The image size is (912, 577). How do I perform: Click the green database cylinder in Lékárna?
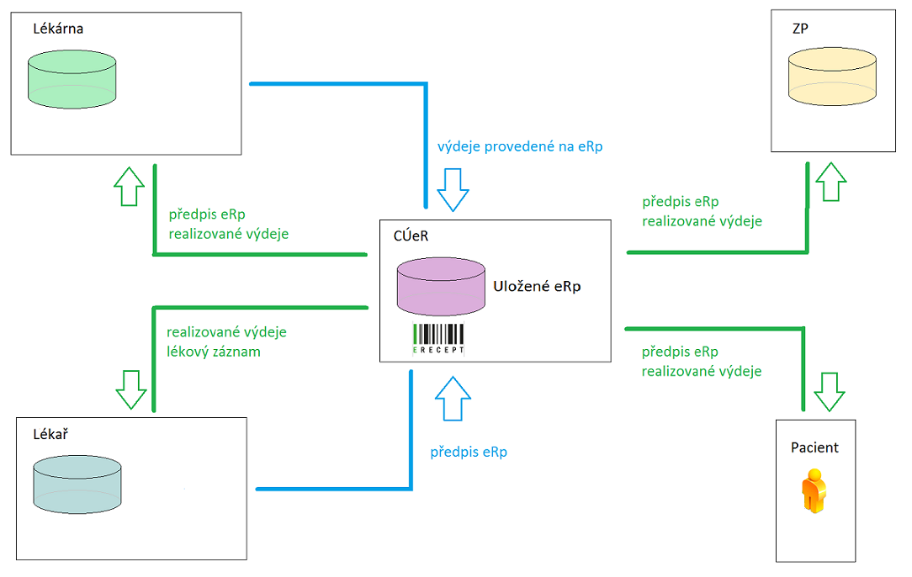[72, 80]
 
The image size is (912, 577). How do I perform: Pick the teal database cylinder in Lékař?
[77, 485]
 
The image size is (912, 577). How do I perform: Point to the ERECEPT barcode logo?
[438, 338]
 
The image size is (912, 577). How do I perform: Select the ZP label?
[802, 29]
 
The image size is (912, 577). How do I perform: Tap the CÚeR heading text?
[411, 236]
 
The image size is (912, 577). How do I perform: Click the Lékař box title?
[50, 435]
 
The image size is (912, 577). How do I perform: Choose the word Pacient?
[814, 447]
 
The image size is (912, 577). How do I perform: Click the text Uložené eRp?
[537, 287]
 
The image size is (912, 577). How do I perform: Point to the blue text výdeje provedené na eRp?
[520, 146]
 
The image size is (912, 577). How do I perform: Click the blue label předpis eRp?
[469, 453]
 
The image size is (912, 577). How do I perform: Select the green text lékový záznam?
[214, 352]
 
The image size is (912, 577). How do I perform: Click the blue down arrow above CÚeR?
[453, 189]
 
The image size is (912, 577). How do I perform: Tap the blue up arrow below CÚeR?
[453, 398]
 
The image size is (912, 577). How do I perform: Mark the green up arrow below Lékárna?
[129, 185]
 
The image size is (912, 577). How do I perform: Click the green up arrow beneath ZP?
[830, 180]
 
